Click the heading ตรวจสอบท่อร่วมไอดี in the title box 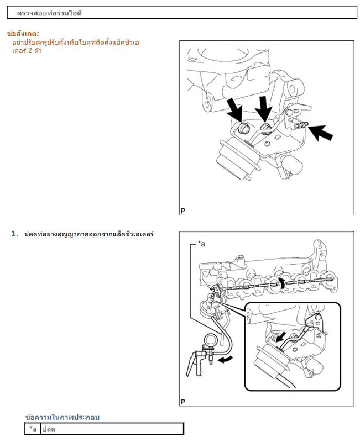pyautogui.click(x=49, y=13)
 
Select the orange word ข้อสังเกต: pyautogui.click(x=23, y=34)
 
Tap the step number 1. pyautogui.click(x=15, y=234)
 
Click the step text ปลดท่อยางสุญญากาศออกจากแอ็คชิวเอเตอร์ pyautogui.click(x=89, y=234)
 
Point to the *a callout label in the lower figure pyautogui.click(x=201, y=244)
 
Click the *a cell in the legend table pyautogui.click(x=33, y=429)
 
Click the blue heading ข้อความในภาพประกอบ pyautogui.click(x=62, y=417)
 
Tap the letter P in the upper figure pyautogui.click(x=183, y=211)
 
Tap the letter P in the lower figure pyautogui.click(x=183, y=402)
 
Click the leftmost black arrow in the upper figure pyautogui.click(x=234, y=110)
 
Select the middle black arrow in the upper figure pyautogui.click(x=263, y=108)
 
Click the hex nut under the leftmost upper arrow pyautogui.click(x=243, y=129)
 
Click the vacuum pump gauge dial pyautogui.click(x=212, y=340)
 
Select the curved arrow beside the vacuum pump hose pyautogui.click(x=226, y=359)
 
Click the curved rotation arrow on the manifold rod pyautogui.click(x=281, y=282)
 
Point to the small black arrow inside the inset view pyautogui.click(x=281, y=336)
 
